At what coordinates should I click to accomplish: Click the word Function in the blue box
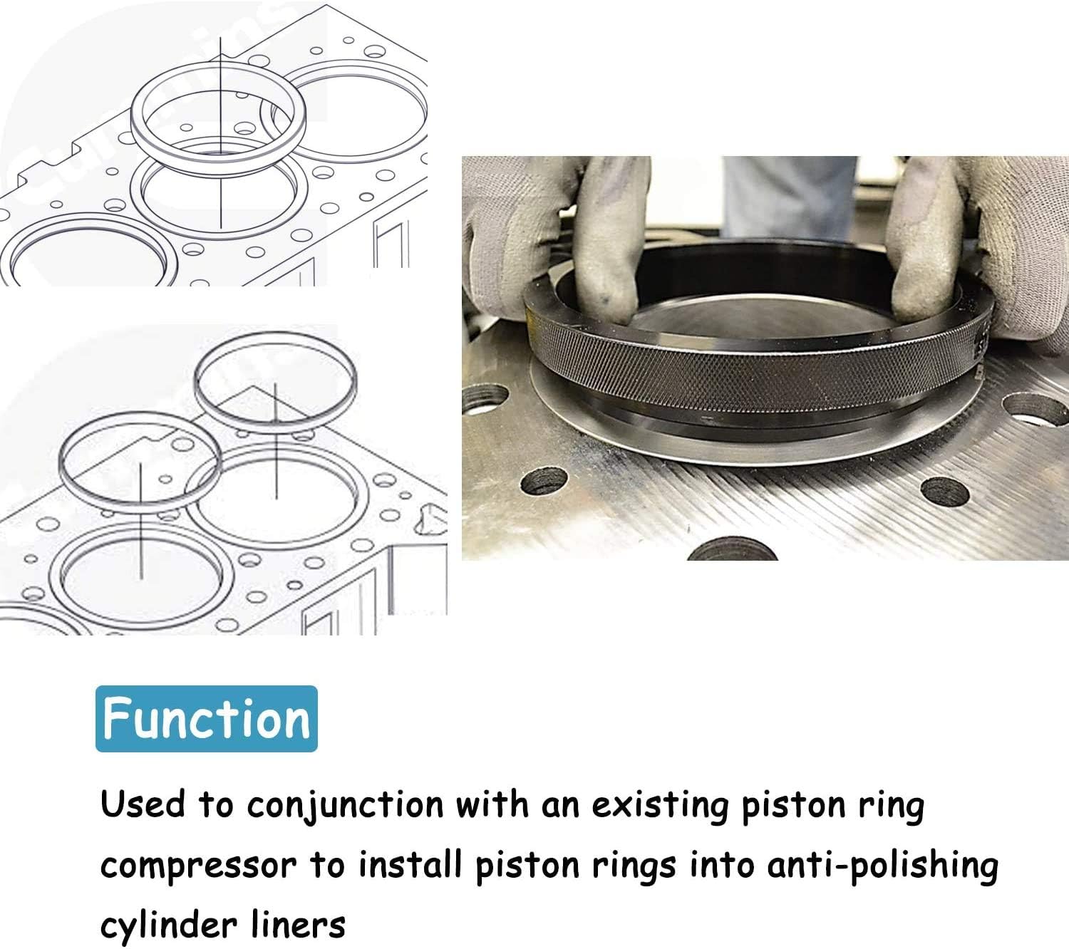[206, 719]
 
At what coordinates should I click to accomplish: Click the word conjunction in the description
[345, 806]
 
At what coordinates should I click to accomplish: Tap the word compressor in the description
[197, 866]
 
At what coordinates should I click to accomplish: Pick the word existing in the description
[661, 806]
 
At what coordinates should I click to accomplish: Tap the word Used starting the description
[142, 804]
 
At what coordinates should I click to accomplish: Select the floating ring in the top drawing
[219, 114]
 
